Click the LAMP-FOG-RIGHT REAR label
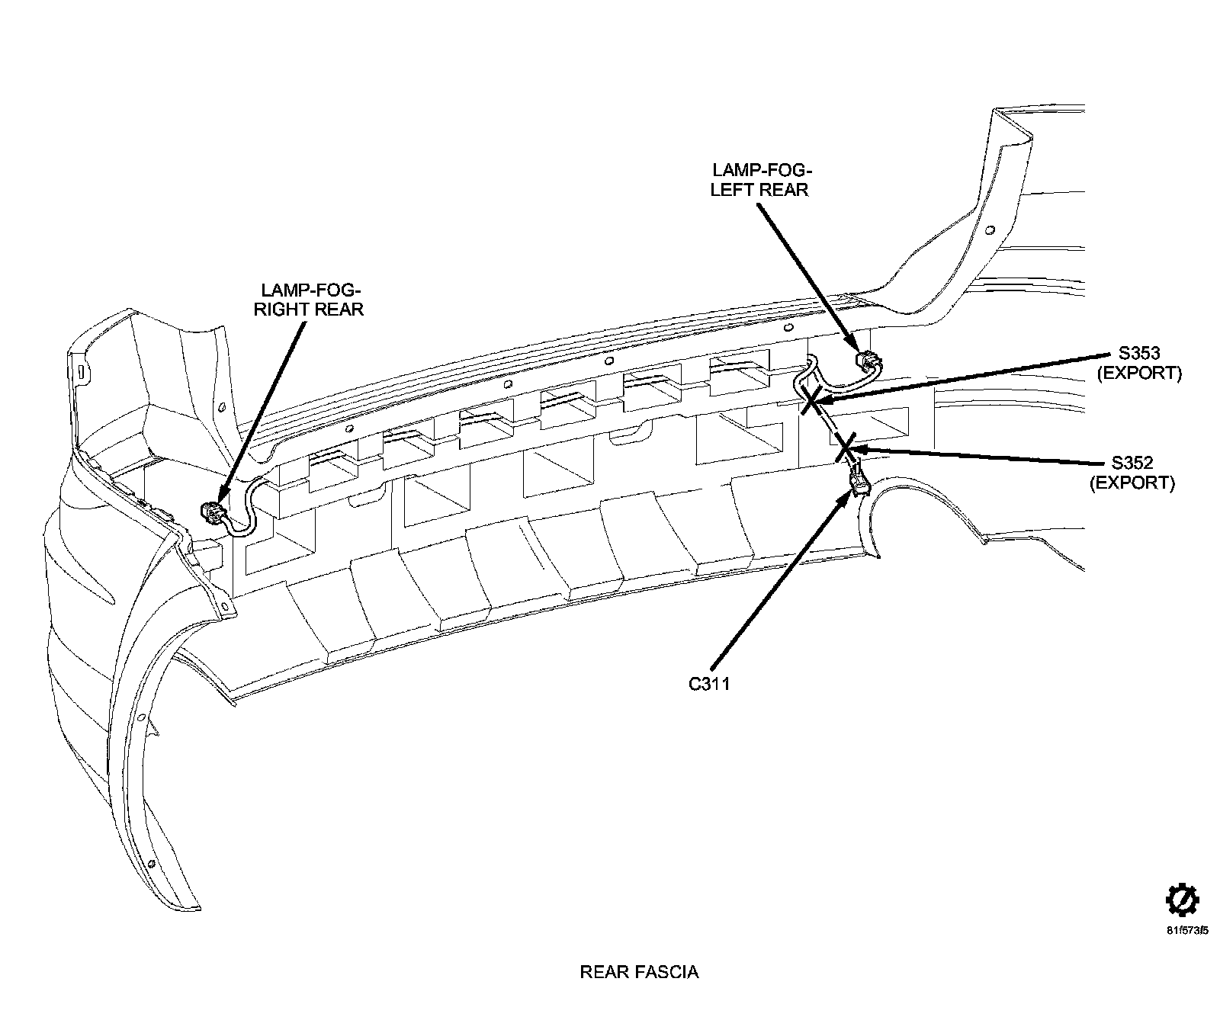312,300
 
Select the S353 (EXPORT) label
1138,363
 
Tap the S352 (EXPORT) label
1132,472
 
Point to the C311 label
709,684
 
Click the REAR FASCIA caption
639,972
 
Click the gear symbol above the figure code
1182,900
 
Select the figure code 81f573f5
1186,931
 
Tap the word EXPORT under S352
1132,483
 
